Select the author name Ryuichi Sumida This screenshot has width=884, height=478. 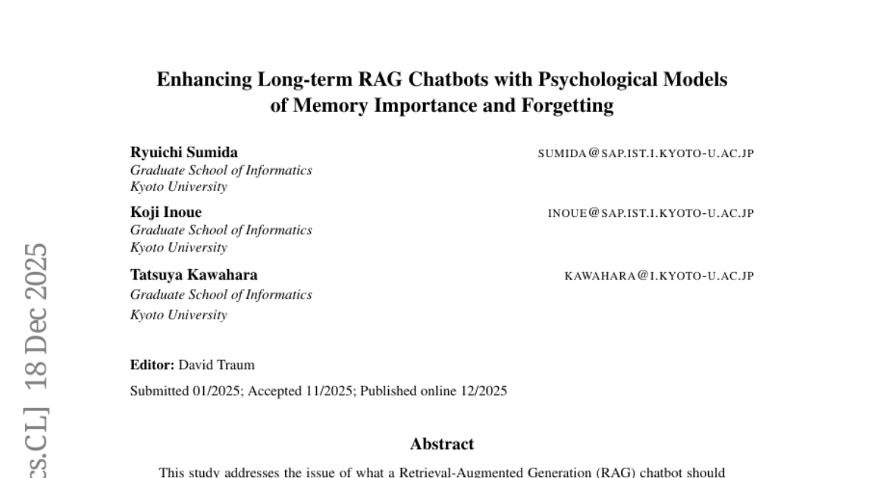[184, 153]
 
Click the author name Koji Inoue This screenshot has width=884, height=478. [166, 212]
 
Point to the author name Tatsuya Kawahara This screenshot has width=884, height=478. [194, 275]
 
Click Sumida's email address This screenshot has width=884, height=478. [645, 153]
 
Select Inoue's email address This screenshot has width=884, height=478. [650, 213]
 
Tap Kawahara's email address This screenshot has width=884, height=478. [659, 276]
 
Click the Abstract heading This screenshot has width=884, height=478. [442, 444]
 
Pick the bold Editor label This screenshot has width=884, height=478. [152, 365]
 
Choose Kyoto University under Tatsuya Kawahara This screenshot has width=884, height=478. [178, 315]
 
